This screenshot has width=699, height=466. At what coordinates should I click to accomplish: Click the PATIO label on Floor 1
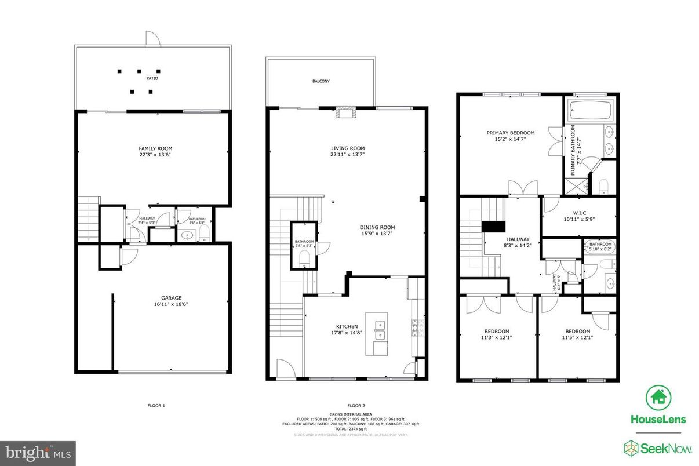pos(152,78)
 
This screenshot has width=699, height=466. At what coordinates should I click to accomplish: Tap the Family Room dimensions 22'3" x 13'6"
pos(151,155)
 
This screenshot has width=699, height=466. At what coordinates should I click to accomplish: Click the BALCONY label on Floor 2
pos(321,82)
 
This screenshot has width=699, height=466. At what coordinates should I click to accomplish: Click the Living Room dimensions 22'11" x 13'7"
pos(348,154)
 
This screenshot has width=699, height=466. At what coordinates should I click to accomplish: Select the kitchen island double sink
pos(381,329)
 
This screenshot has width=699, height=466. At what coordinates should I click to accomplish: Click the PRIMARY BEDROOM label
pos(510,133)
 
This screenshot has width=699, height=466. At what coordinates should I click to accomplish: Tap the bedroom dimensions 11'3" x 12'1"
pos(497,337)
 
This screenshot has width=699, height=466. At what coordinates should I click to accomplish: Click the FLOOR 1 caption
pos(156,406)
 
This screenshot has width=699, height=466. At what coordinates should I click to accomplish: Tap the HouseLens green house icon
pos(658,398)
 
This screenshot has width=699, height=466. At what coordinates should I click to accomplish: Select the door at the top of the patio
pos(151,39)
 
